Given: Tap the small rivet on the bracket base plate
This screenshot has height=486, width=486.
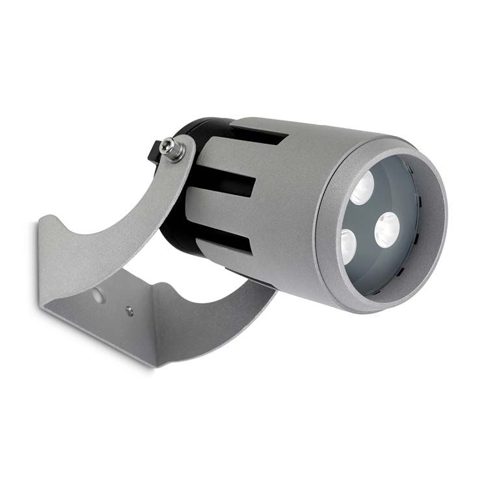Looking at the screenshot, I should pyautogui.click(x=129, y=308).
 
